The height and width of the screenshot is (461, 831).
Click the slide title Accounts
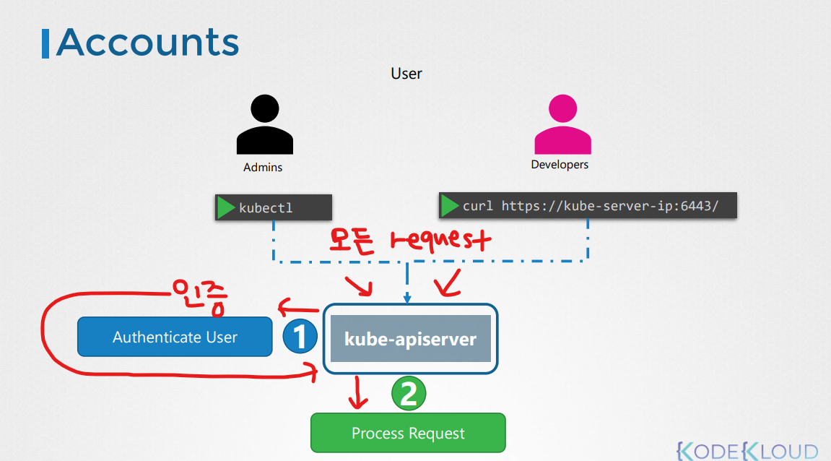tap(147, 43)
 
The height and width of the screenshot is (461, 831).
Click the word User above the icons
tap(406, 74)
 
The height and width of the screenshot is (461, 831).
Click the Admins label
tap(263, 168)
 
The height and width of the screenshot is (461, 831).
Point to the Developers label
tap(560, 165)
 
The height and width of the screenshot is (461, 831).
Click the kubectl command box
tap(274, 207)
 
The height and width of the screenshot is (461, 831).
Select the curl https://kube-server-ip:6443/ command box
tap(588, 205)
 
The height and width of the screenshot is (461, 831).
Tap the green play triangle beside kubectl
tap(227, 207)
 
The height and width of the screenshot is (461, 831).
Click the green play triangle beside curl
tap(451, 205)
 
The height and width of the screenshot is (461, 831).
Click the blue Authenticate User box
tap(175, 337)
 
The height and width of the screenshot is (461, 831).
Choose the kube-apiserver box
tap(410, 338)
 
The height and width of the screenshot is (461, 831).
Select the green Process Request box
tap(408, 433)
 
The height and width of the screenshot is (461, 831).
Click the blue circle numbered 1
tap(300, 337)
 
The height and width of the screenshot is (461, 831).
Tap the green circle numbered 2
tap(409, 395)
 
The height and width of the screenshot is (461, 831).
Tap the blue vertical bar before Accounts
tap(46, 43)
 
